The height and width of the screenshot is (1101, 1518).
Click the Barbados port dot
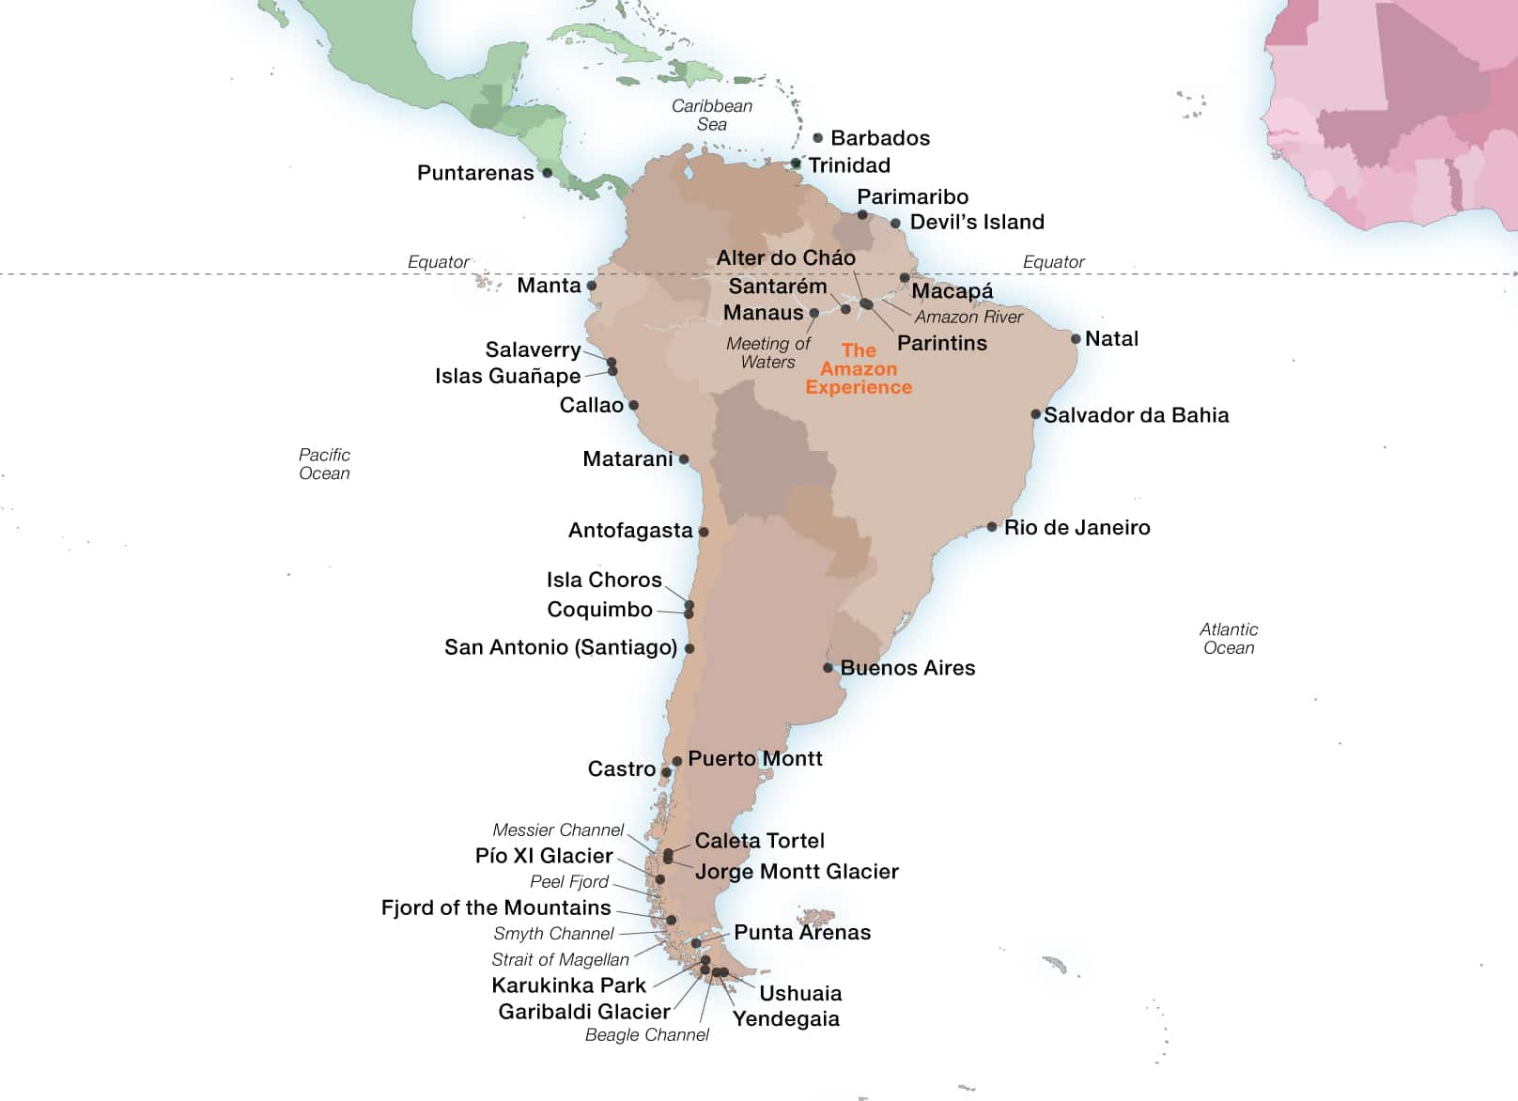coord(817,138)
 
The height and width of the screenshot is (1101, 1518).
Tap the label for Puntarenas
coord(475,173)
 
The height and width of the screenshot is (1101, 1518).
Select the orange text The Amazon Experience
coord(859,368)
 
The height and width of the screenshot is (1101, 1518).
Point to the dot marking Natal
coord(1076,339)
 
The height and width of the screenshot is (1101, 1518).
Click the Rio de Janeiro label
coord(1077,527)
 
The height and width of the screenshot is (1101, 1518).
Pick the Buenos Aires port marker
coord(828,668)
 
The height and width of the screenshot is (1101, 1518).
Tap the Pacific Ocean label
coord(324,464)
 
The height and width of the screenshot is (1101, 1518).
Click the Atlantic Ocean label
coord(1229,639)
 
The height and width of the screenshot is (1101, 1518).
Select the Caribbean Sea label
coord(712,115)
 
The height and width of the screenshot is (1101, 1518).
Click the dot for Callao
coord(633,406)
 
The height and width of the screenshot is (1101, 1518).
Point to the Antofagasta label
coord(630,531)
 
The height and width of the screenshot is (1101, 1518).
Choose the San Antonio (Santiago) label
coord(561,647)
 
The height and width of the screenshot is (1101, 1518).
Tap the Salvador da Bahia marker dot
coord(1035,414)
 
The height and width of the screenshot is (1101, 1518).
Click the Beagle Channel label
coord(647,1034)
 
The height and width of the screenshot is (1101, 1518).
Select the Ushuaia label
coord(800,993)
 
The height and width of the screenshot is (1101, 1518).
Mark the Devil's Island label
coord(977,222)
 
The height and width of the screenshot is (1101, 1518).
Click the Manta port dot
coord(592,286)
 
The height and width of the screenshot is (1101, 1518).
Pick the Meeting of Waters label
coord(767,352)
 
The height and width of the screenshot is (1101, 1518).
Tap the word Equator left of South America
coord(438,262)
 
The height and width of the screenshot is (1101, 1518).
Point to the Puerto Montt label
coord(755,758)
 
